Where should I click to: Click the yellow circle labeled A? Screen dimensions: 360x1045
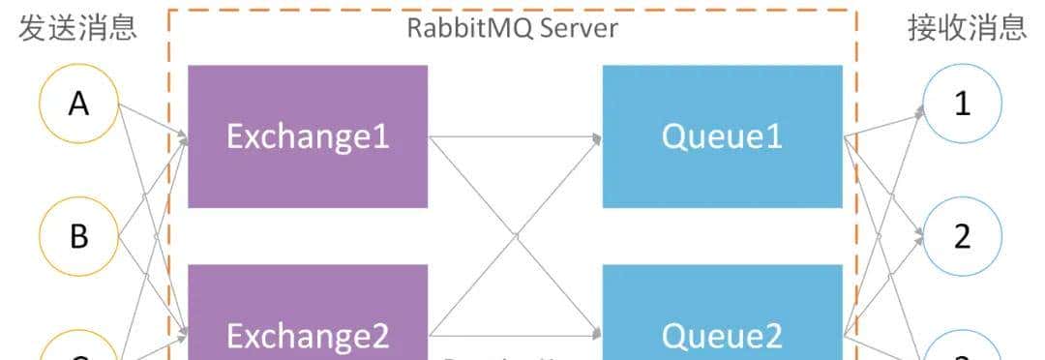78,104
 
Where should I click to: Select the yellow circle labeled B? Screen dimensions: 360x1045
78,236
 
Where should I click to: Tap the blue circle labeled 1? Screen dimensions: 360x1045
962,104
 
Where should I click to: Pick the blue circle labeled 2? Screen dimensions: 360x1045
962,236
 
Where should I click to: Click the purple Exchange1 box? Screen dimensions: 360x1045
307,136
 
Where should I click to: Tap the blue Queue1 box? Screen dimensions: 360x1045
722,136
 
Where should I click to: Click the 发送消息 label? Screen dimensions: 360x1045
77,27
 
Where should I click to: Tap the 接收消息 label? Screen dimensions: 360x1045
966,27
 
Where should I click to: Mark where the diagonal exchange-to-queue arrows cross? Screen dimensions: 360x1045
516,236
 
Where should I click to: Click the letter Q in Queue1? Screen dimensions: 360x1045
673,137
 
